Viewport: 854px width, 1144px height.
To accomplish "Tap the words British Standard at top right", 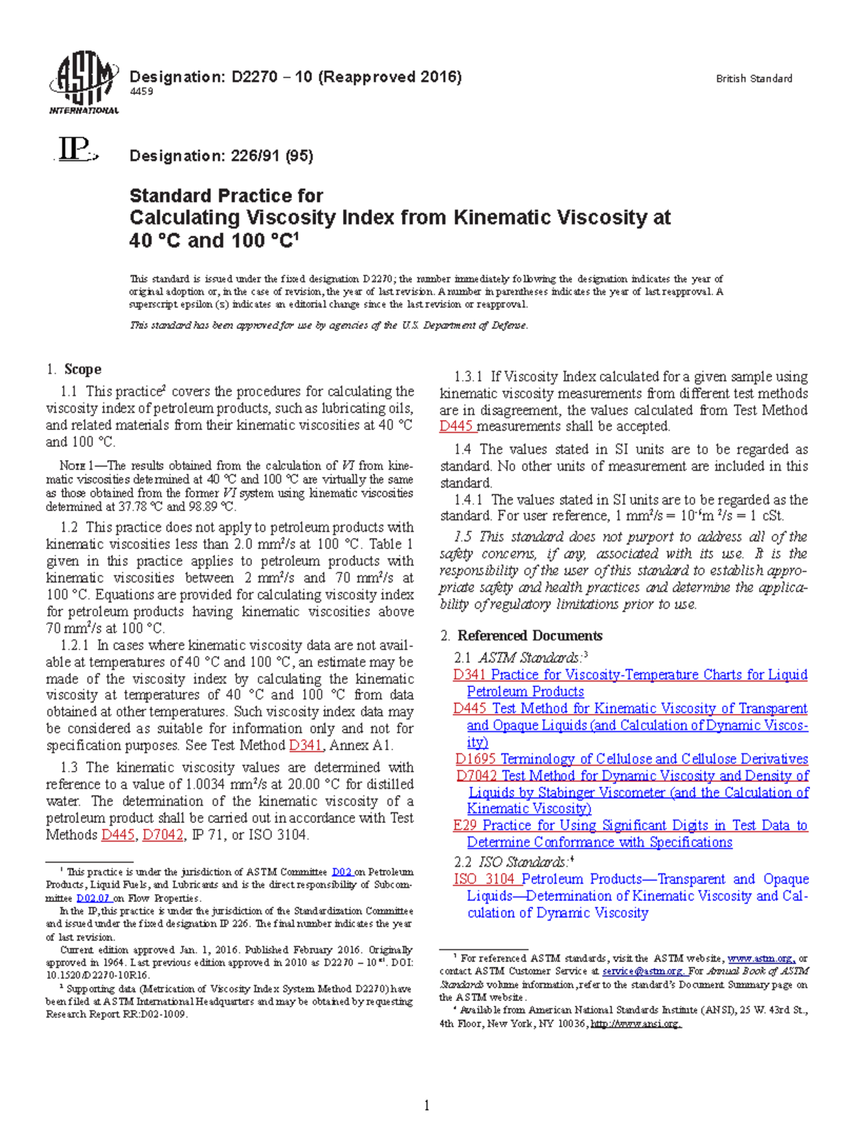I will coord(754,79).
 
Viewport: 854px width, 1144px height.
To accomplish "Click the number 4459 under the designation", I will coord(141,91).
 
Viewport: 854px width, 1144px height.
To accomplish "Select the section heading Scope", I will coord(83,369).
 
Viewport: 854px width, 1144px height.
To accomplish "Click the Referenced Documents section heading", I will coord(529,635).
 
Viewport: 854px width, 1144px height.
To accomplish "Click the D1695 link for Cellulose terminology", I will coord(475,759).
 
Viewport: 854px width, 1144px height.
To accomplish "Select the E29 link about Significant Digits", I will coord(465,825).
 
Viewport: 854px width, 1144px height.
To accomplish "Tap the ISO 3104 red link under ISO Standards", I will coord(484,879).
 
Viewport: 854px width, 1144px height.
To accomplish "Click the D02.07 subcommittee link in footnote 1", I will coord(93,898).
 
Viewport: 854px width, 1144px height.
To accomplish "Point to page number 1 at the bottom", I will coord(426,1105).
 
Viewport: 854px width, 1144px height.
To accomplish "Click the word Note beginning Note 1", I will coord(73,466).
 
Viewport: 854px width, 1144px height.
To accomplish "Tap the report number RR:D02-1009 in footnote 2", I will coord(152,1014).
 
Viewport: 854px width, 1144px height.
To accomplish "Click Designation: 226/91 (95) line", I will coord(221,155).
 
